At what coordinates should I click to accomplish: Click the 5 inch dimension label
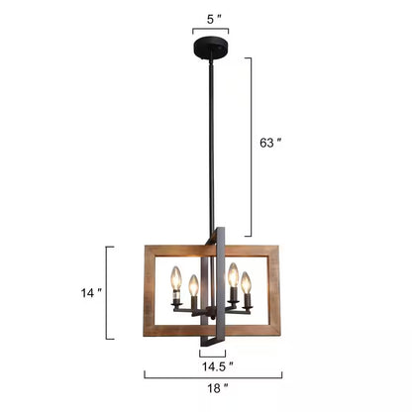point(214,20)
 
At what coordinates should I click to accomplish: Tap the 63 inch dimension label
point(270,143)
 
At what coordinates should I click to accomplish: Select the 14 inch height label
point(91,292)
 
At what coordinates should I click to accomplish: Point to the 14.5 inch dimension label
point(218,366)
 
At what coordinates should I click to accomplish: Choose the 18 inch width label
point(218,388)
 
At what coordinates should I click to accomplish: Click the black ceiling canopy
point(211,48)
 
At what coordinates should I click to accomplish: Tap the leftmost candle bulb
point(176,279)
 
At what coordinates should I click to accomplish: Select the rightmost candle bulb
point(246,283)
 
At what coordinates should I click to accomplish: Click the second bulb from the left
point(193,286)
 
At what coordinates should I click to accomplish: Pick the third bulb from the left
point(234,275)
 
